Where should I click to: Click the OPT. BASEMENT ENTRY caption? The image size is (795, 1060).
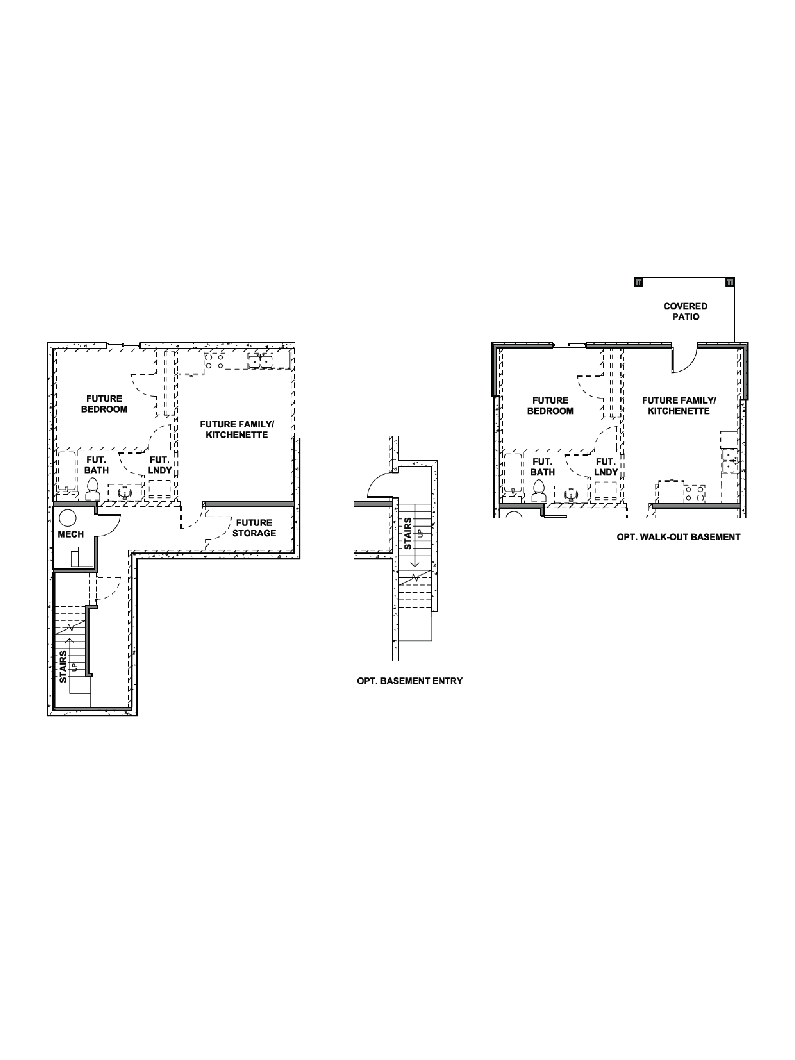coord(410,680)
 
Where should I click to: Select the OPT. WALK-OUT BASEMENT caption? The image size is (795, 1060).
coord(678,537)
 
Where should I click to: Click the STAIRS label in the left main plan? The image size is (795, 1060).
coord(63,666)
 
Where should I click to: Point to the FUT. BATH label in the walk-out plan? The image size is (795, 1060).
coord(542,467)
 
